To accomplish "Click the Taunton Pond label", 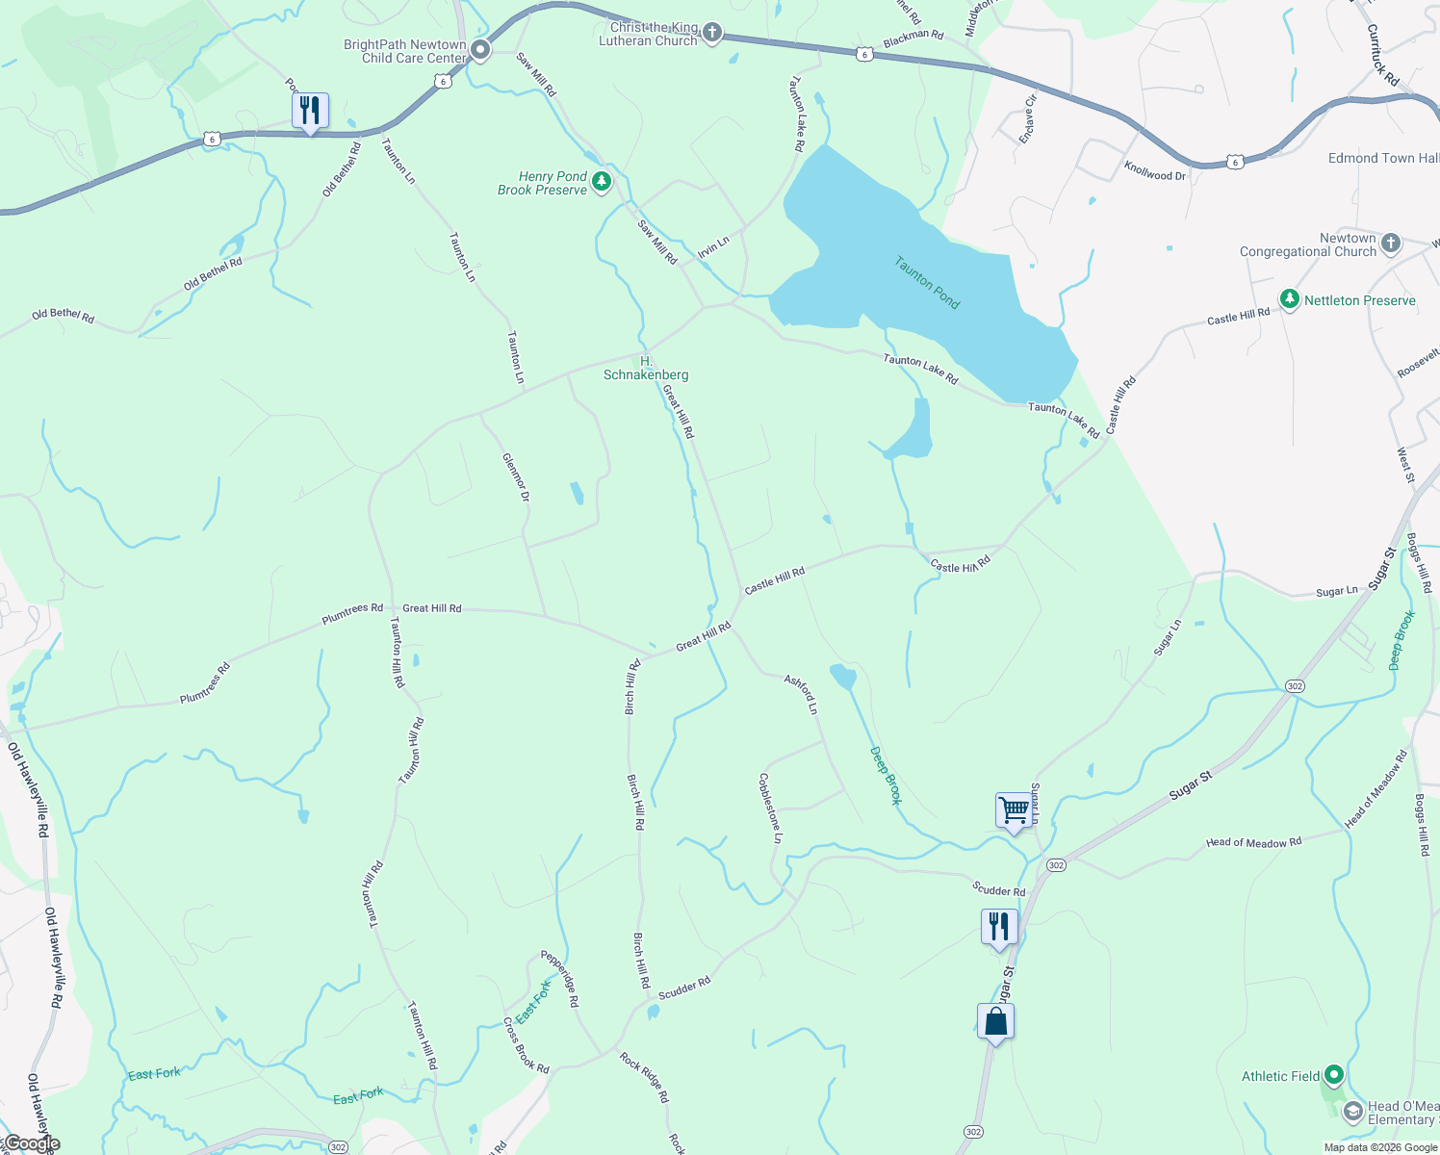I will tap(927, 282).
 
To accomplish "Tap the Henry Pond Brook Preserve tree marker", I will tap(602, 182).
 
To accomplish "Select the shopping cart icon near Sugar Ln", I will tap(1014, 810).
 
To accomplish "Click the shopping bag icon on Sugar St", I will tap(995, 1021).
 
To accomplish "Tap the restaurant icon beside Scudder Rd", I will tap(999, 927).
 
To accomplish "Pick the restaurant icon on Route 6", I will tap(310, 111).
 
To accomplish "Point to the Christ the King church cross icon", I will tap(711, 34).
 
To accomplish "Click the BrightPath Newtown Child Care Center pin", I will tap(480, 50).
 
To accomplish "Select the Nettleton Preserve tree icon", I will tap(1290, 300).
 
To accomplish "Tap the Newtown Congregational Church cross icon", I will tap(1391, 244).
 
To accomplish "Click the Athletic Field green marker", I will tap(1333, 1075).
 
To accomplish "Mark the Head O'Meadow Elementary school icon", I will tap(1352, 1113).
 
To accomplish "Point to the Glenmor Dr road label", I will tap(516, 477).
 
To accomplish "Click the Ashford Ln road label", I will tap(801, 694).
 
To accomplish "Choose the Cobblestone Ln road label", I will tap(770, 808).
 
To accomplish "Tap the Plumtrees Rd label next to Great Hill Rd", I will tap(352, 613).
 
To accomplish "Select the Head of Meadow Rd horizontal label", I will tap(1253, 842).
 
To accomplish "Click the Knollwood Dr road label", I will tap(1155, 171).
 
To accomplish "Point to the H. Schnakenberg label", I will tap(646, 369).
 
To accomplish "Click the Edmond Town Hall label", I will tap(1383, 158).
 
